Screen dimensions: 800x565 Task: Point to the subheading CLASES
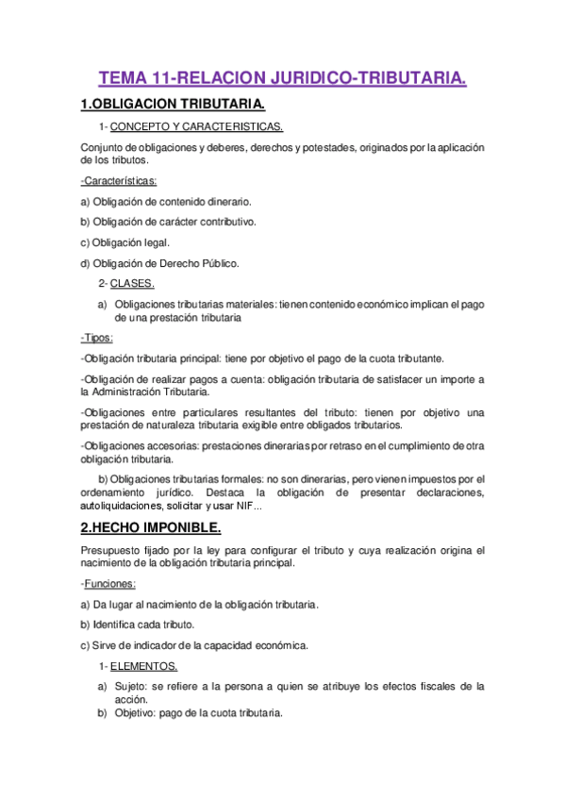pyautogui.click(x=132, y=283)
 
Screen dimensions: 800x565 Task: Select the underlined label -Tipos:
pyautogui.click(x=97, y=337)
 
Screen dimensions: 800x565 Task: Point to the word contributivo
pyautogui.click(x=224, y=222)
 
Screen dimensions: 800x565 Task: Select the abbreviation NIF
pyautogui.click(x=240, y=506)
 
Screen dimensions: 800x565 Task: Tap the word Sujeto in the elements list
pyautogui.click(x=130, y=686)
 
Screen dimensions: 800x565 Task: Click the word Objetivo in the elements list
pyautogui.click(x=135, y=714)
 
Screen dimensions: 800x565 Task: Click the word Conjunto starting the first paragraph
pyautogui.click(x=102, y=148)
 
